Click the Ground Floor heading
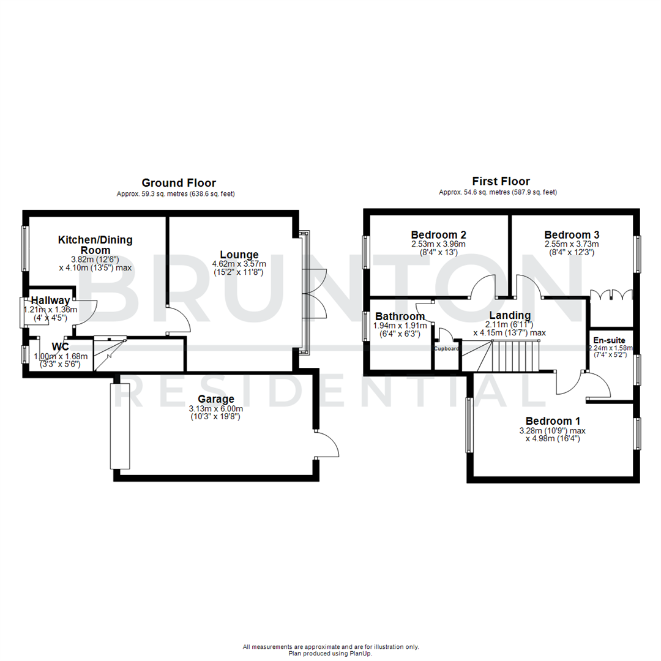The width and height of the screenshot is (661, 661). [178, 182]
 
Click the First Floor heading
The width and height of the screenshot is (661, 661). [501, 181]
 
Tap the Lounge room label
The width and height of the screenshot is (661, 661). [239, 255]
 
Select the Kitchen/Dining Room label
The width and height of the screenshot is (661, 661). [95, 245]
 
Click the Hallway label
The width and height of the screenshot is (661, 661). [50, 301]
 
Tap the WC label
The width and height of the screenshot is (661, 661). [60, 347]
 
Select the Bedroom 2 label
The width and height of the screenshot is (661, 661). [438, 234]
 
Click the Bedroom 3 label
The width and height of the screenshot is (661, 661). [572, 234]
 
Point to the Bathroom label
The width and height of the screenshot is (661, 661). [400, 316]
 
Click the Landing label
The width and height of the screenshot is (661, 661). [509, 315]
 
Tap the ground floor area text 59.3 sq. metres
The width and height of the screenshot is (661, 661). [176, 194]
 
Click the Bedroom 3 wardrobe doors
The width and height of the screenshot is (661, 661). [611, 295]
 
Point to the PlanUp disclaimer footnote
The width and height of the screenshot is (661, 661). [330, 650]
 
